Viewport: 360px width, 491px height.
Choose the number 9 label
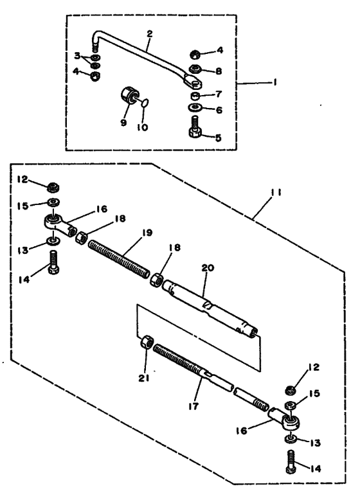click(124, 120)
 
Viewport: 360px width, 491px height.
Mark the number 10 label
click(142, 127)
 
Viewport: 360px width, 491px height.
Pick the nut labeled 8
click(195, 69)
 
